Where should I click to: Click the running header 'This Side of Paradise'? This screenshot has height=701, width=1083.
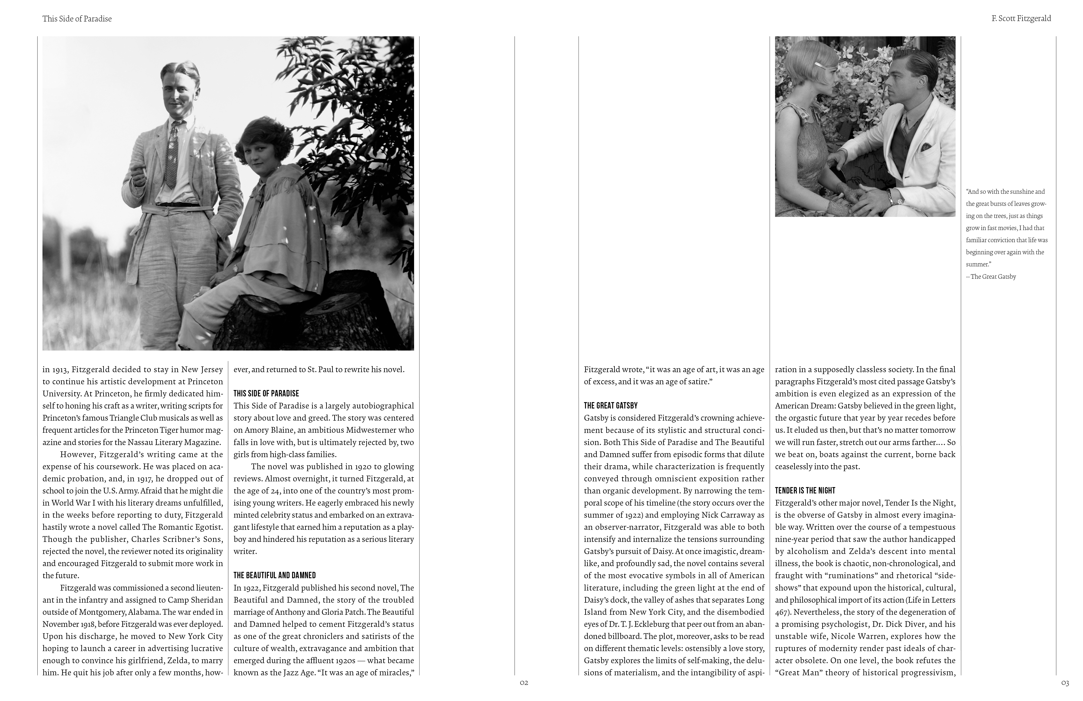pyautogui.click(x=77, y=19)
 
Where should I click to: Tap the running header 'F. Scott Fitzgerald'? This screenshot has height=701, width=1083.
pyautogui.click(x=1021, y=19)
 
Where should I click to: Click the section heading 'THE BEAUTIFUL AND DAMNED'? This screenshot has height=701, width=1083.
pyautogui.click(x=274, y=575)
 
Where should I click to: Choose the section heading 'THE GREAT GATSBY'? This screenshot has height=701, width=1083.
pyautogui.click(x=611, y=406)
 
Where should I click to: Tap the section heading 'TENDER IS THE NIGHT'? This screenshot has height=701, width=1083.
pyautogui.click(x=805, y=491)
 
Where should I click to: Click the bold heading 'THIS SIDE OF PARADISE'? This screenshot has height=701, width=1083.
pyautogui.click(x=266, y=393)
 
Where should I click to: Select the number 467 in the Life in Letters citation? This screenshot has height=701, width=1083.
pyautogui.click(x=784, y=612)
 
